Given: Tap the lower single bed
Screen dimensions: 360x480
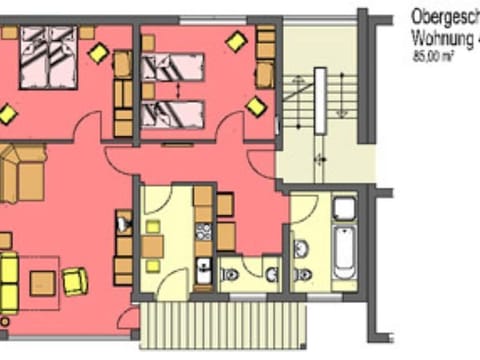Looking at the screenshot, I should pyautogui.click(x=173, y=113).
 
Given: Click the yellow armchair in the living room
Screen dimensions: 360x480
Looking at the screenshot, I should pyautogui.click(x=75, y=281).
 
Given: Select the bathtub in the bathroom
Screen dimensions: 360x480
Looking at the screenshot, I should pyautogui.click(x=343, y=251).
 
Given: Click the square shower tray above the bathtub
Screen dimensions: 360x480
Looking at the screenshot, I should pyautogui.click(x=344, y=209).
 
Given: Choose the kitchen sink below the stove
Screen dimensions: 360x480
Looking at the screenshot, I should pyautogui.click(x=203, y=267).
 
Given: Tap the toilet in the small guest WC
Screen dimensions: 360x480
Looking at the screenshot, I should pyautogui.click(x=231, y=274).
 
